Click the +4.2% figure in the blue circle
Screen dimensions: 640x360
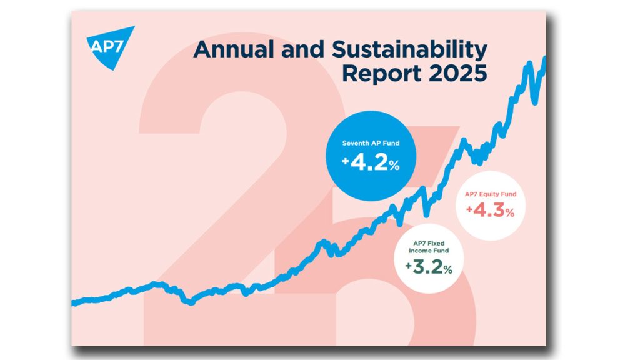click(x=371, y=163)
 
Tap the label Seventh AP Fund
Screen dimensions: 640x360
click(x=371, y=143)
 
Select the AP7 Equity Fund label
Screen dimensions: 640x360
click(x=491, y=194)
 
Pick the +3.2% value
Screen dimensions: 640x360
click(x=429, y=267)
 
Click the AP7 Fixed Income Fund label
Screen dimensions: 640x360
click(x=429, y=247)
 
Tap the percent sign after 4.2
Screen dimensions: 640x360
click(x=394, y=166)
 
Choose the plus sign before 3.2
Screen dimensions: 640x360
click(x=409, y=266)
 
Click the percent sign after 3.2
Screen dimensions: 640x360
click(x=448, y=270)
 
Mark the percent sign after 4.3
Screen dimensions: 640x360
click(x=510, y=213)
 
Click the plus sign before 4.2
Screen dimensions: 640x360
click(x=346, y=161)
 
